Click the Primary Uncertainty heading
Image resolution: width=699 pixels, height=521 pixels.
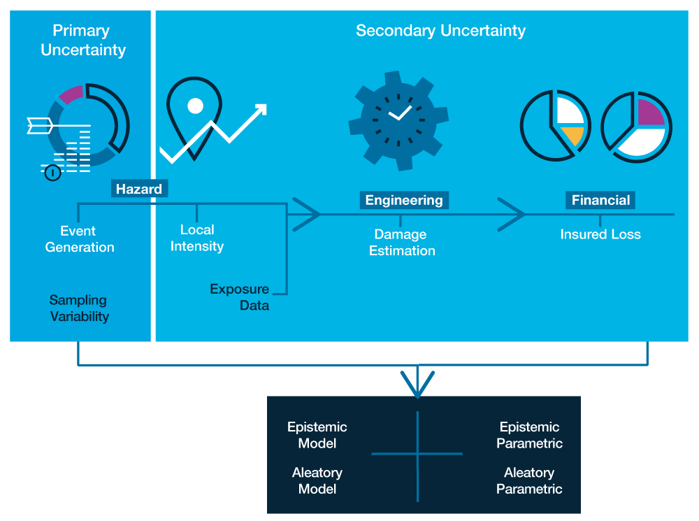pos(82,41)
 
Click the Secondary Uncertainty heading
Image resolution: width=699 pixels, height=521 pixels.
pos(440,31)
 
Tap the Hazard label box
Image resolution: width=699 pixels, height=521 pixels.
pos(139,189)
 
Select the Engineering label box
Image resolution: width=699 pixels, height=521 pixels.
pos(404,200)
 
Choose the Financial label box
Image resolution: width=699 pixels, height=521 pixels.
pos(600,200)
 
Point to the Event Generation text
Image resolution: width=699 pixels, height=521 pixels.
pos(79,239)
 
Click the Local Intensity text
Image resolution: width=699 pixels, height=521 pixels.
pos(196,238)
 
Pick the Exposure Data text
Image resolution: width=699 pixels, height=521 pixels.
pos(240,297)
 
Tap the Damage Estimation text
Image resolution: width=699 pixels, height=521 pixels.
pos(402,243)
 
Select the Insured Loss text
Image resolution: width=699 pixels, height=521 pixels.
pos(600,234)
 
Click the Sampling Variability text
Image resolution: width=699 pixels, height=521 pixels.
pos(79,308)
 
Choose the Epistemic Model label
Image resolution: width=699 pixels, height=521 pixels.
pos(317,435)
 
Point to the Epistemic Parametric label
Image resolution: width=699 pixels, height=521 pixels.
pos(529,435)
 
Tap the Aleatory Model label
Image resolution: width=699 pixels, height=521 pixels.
pos(317,481)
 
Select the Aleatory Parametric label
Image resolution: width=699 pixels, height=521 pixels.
pos(529,481)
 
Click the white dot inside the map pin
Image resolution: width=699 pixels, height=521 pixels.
pos(196,106)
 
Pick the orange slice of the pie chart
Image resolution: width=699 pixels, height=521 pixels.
pos(572,135)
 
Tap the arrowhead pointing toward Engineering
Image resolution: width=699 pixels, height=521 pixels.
pos(306,214)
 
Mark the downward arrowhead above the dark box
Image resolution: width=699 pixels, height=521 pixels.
pos(417,385)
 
